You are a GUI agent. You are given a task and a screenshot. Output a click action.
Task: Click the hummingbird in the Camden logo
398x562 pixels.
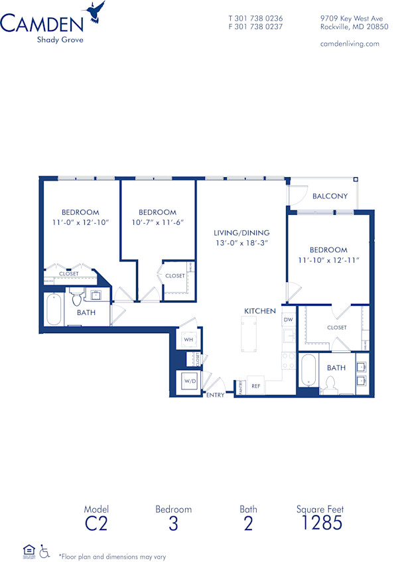pyautogui.click(x=95, y=11)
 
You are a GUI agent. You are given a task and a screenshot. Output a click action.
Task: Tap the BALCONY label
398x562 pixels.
pyautogui.click(x=330, y=196)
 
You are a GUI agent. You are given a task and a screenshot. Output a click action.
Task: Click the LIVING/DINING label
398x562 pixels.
pyautogui.click(x=241, y=233)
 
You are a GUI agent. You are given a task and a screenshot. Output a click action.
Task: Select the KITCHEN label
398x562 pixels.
pyautogui.click(x=259, y=311)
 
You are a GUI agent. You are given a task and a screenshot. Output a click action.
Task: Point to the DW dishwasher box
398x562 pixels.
pyautogui.click(x=288, y=320)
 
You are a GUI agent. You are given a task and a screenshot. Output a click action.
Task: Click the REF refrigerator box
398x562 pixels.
pyautogui.click(x=255, y=386)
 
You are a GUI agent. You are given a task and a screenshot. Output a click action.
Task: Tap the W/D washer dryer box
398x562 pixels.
pyautogui.click(x=190, y=382)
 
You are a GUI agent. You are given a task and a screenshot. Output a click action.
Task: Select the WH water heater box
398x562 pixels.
pyautogui.click(x=188, y=340)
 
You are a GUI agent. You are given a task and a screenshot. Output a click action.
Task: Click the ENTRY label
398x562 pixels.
pyautogui.click(x=216, y=395)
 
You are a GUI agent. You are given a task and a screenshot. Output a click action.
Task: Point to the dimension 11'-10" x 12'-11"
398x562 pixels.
pyautogui.click(x=328, y=260)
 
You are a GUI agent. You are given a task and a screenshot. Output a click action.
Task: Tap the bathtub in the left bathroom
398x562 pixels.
pyautogui.click(x=54, y=309)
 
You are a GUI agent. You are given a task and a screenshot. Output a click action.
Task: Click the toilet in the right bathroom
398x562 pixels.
pyautogui.click(x=330, y=383)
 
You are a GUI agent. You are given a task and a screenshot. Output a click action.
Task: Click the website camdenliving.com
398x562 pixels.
pyautogui.click(x=350, y=44)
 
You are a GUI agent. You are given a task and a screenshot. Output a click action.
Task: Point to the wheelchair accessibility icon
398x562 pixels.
pyautogui.click(x=45, y=550)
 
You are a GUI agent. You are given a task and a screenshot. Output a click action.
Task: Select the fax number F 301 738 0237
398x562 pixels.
pyautogui.click(x=255, y=27)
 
